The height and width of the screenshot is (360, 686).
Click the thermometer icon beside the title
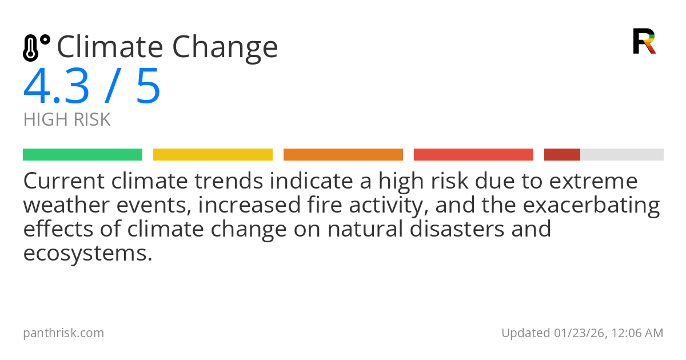tap(36, 47)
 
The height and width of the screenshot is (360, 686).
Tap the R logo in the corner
tap(644, 41)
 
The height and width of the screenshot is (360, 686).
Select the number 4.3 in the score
tap(56, 87)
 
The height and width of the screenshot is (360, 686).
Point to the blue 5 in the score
tap(148, 87)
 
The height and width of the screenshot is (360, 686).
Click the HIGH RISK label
tap(67, 120)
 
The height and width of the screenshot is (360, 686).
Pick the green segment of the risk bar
tap(82, 155)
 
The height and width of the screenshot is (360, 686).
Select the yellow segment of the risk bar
tap(213, 155)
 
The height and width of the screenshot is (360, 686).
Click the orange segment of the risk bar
tap(343, 155)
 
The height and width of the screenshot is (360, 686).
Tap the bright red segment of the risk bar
tap(473, 155)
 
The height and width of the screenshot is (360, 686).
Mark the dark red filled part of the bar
tap(562, 155)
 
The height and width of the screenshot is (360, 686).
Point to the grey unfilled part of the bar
tap(622, 155)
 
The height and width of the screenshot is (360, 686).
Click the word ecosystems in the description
tap(87, 253)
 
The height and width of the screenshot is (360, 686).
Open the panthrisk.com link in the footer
tap(63, 333)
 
